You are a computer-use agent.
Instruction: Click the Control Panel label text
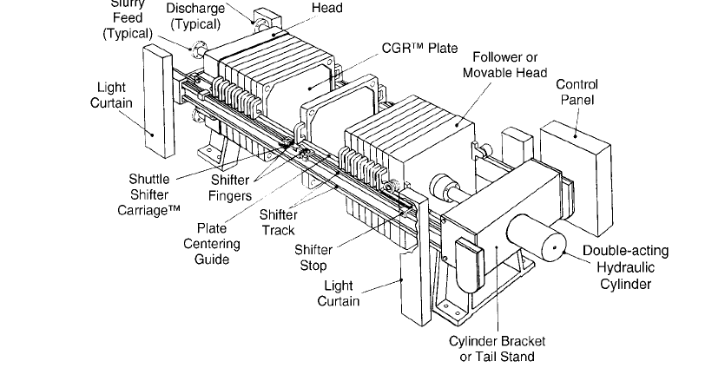[577, 93]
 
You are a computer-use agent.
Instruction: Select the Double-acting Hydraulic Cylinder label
[625, 267]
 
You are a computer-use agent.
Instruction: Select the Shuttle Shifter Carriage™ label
[148, 194]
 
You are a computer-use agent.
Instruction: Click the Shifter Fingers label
[231, 188]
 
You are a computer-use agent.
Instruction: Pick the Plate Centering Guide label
[211, 244]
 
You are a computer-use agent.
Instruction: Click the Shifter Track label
[279, 222]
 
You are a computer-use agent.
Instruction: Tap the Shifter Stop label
[313, 258]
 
